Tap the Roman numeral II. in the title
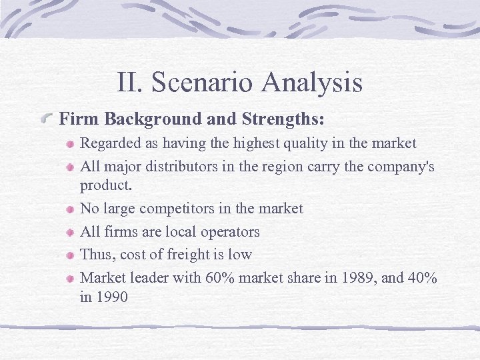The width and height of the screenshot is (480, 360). point(130,83)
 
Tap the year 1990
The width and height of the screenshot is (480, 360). point(112,297)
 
